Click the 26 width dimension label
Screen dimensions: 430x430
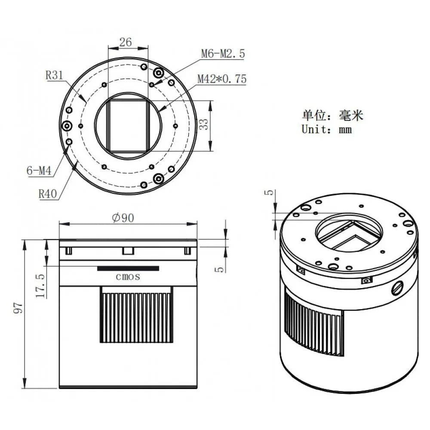(125, 42)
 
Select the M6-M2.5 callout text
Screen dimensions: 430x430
(223, 53)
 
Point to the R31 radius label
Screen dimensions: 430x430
(55, 75)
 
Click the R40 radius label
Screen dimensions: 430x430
(48, 193)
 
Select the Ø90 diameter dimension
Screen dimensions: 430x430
(123, 218)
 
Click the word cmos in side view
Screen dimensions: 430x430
(128, 276)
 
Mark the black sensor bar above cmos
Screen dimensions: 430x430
(128, 268)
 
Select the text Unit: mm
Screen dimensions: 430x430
(327, 129)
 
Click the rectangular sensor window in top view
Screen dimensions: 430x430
(128, 126)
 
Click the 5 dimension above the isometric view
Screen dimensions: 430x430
(270, 193)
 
